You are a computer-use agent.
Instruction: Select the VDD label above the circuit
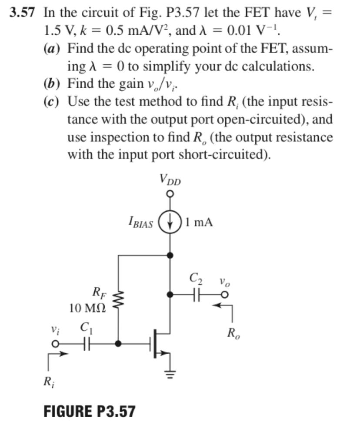[170, 179]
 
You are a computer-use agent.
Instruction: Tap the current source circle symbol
[170, 223]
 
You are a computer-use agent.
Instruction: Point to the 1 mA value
[199, 223]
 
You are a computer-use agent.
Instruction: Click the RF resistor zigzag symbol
[119, 299]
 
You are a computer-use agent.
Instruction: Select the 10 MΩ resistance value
[87, 309]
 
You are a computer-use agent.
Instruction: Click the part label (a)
[53, 48]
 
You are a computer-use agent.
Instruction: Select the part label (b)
[53, 83]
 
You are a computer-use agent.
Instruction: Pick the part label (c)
[52, 101]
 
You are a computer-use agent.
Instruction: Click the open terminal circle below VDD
[170, 193]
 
